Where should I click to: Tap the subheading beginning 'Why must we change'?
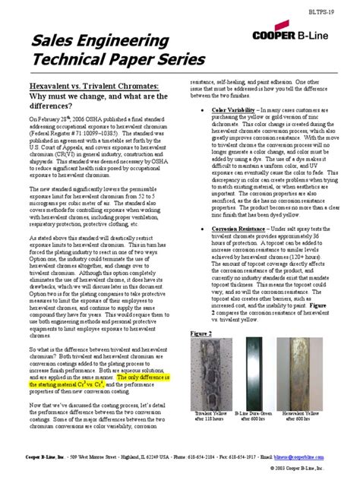click(x=95, y=99)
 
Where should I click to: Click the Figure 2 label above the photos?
click(x=201, y=332)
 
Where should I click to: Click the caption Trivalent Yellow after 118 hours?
click(x=213, y=418)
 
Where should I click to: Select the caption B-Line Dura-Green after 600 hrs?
click(x=256, y=418)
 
